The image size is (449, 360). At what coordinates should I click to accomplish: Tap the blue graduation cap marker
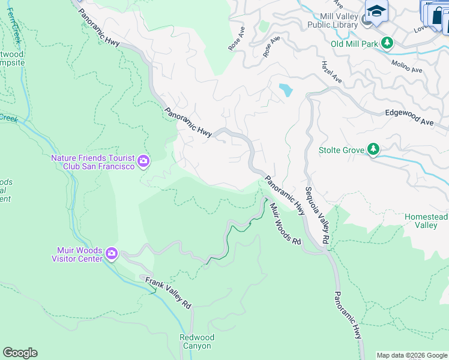[x=376, y=11]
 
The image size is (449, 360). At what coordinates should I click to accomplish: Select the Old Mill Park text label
[x=355, y=43]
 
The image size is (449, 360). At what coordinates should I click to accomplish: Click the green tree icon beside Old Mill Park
[x=388, y=43]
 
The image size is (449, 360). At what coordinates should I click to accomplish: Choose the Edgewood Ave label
[x=409, y=118]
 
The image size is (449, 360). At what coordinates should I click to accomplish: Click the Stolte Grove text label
[x=341, y=149]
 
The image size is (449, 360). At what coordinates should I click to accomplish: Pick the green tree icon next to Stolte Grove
[x=373, y=149]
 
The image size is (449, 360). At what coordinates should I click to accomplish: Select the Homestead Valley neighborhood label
[x=426, y=221]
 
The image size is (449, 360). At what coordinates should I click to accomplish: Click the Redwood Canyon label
[x=196, y=341]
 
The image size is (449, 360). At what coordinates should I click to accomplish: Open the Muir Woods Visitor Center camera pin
[x=111, y=254]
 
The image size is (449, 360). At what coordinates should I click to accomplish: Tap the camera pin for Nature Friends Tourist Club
[x=143, y=161]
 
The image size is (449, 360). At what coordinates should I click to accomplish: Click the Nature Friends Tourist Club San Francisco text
[x=92, y=162]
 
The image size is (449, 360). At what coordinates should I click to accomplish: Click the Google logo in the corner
[x=20, y=353]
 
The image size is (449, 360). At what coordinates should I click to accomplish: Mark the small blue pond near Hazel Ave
[x=286, y=90]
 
